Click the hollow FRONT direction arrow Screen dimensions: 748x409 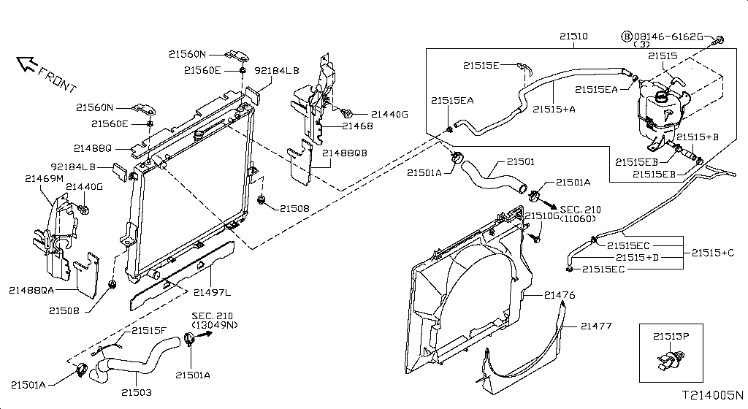[x=27, y=64]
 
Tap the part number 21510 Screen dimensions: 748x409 [x=573, y=37]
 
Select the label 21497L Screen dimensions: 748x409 [x=212, y=292]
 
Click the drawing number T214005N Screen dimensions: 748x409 [x=712, y=395]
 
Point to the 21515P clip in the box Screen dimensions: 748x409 [x=671, y=360]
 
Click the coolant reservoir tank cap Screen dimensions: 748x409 [x=663, y=96]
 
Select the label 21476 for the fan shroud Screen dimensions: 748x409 [x=560, y=296]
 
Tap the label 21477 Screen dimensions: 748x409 [x=596, y=326]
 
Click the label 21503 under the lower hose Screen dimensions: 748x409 [x=137, y=393]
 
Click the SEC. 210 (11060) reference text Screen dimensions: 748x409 [x=580, y=214]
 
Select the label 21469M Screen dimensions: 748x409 [x=44, y=179]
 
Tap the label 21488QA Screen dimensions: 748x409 [x=31, y=290]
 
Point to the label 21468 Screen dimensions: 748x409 [x=358, y=126]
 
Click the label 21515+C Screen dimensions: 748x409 [x=713, y=253]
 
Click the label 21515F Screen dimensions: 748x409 [x=149, y=330]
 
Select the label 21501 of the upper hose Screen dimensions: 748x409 [x=521, y=162]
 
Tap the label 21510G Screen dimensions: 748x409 [x=542, y=216]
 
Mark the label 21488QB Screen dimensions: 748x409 [x=345, y=153]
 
